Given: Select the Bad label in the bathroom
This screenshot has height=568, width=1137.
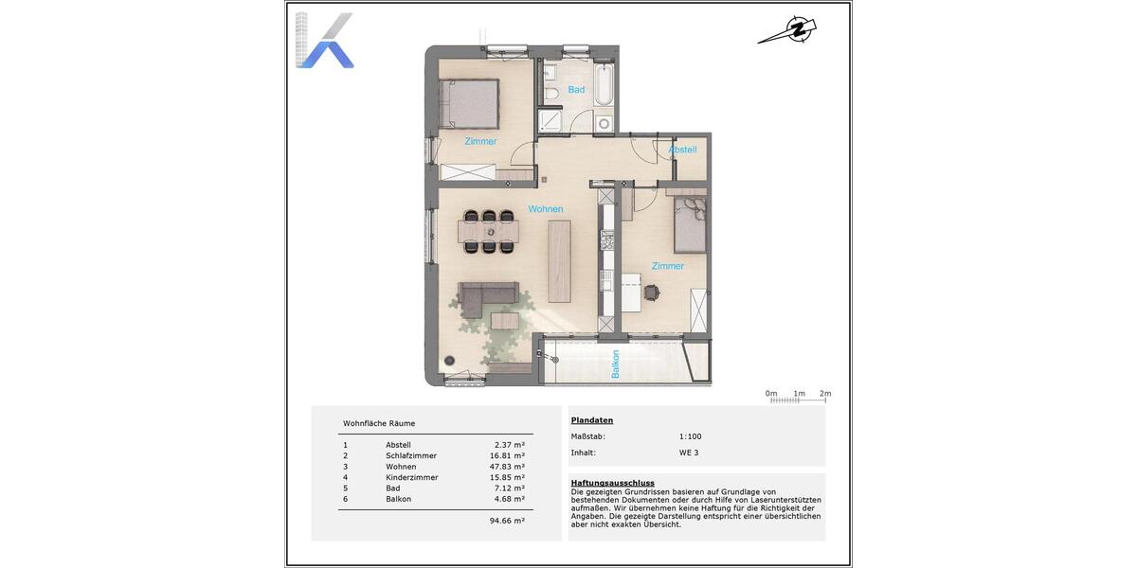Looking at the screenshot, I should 576,90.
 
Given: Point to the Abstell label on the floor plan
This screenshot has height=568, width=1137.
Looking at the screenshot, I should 682,150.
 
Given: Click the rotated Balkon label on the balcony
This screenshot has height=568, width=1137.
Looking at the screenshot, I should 615,364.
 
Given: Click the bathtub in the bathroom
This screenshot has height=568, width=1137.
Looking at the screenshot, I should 605,85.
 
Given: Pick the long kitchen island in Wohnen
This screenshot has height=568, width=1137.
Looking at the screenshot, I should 560,260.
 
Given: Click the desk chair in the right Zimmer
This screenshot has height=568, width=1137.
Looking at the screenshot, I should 653,293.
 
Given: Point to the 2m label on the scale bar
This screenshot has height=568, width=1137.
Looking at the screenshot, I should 824,393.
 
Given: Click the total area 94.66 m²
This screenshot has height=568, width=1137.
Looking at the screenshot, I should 507,520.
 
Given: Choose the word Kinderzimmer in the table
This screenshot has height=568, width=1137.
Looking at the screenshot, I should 411,477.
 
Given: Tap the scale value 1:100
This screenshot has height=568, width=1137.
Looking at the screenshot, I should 691,436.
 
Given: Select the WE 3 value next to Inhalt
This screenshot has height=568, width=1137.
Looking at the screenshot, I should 689,453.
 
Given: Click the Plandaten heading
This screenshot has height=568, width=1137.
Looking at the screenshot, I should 592,419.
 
